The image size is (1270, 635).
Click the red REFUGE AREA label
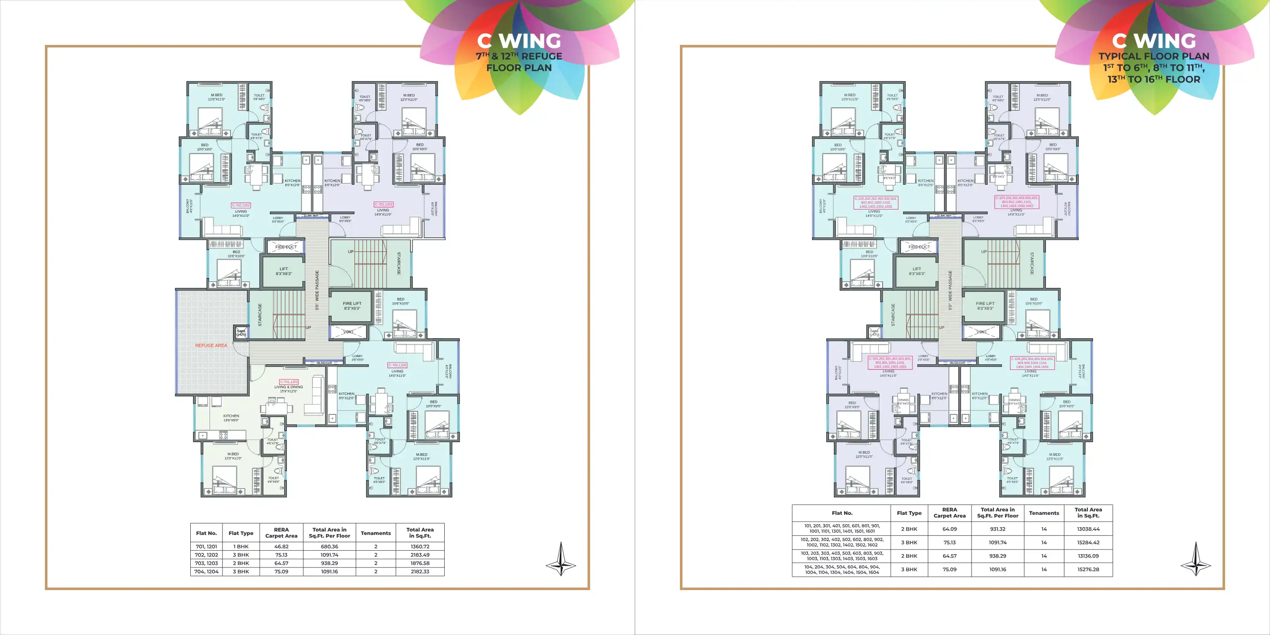tap(211, 346)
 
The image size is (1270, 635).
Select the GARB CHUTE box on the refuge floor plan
tap(241, 333)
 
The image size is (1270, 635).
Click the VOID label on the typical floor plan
tap(982, 332)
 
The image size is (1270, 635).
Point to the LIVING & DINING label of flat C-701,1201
tap(288, 387)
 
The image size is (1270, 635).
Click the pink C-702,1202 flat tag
tap(241, 205)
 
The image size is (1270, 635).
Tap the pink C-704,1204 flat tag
tap(397, 365)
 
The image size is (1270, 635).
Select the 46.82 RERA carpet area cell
tap(281, 546)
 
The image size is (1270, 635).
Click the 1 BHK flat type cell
tap(241, 546)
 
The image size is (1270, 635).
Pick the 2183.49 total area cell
tap(419, 555)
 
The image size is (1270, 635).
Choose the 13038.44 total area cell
tap(1088, 529)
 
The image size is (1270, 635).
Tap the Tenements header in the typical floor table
tap(1044, 513)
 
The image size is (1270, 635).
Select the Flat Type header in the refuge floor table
tap(241, 533)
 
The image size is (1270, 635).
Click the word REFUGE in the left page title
tap(541, 56)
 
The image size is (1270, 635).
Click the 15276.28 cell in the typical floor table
tap(1088, 570)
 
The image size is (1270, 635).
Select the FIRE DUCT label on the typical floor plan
tap(919, 247)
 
